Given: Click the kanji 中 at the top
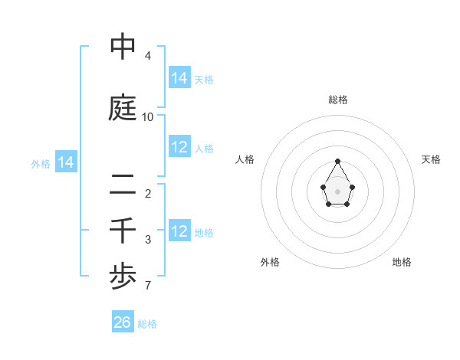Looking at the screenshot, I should tap(123, 47).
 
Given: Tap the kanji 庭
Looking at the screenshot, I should tap(123, 107).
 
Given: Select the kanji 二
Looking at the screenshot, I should tap(123, 184).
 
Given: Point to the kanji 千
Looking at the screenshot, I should tap(123, 231).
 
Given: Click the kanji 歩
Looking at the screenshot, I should tap(123, 277).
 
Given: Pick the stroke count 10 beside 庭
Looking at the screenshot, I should tap(148, 117).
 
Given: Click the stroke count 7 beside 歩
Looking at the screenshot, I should tap(148, 286).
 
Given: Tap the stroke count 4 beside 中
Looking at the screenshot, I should tap(148, 57).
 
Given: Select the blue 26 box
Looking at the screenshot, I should tap(123, 322).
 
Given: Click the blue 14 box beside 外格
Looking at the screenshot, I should tap(66, 162).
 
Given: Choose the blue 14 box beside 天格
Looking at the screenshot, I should tap(179, 77).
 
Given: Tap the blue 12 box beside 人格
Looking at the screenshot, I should tap(179, 147).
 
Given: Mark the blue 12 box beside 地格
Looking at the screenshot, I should tap(179, 231).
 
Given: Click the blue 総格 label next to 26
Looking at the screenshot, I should tap(147, 324).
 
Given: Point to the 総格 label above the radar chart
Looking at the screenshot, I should tap(338, 100).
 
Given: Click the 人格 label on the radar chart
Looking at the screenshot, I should tap(245, 159).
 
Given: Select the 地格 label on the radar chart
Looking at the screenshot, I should tap(402, 262).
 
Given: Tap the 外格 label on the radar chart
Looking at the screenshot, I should tap(270, 262).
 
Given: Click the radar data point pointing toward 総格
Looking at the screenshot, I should tap(338, 161).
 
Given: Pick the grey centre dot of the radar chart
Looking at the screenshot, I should tap(338, 190).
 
